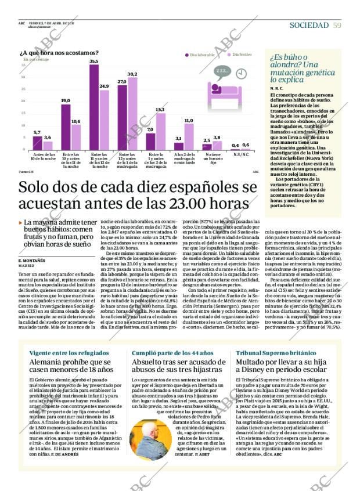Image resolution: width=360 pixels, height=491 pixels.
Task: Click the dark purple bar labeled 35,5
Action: pos(93,107)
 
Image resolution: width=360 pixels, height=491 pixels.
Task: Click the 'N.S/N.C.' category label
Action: pos(240,154)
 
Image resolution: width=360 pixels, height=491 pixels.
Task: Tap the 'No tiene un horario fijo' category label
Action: pos(212,158)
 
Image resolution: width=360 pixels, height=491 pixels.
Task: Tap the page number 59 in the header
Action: pos(337,25)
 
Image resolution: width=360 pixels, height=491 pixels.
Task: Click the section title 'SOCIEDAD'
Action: pos(309,25)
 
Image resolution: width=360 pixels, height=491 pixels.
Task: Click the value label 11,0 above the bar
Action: pos(189,120)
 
